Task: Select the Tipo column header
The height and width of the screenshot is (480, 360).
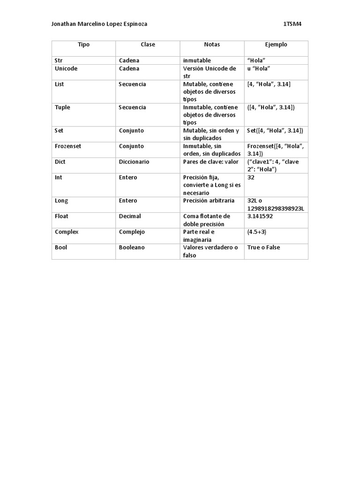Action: click(84, 45)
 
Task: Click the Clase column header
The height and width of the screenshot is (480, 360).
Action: click(148, 45)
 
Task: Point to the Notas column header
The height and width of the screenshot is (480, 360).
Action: click(212, 45)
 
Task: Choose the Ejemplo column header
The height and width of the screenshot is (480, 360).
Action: click(276, 45)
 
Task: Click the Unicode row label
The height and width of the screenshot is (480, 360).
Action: click(66, 68)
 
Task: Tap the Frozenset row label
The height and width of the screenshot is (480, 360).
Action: click(68, 146)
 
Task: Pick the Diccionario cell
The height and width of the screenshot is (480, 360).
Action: click(134, 162)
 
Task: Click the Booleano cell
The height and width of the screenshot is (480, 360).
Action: click(132, 247)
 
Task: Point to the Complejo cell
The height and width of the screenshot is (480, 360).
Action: click(132, 232)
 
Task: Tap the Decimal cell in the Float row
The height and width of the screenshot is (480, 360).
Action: click(130, 217)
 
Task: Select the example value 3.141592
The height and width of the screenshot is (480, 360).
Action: click(260, 217)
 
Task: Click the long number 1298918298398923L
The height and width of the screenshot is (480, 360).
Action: click(276, 208)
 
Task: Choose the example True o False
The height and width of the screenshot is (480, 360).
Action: click(263, 247)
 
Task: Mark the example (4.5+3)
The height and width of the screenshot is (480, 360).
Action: click(257, 232)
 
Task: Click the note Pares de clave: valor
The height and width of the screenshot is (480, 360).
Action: click(211, 162)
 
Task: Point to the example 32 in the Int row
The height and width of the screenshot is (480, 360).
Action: click(251, 178)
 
